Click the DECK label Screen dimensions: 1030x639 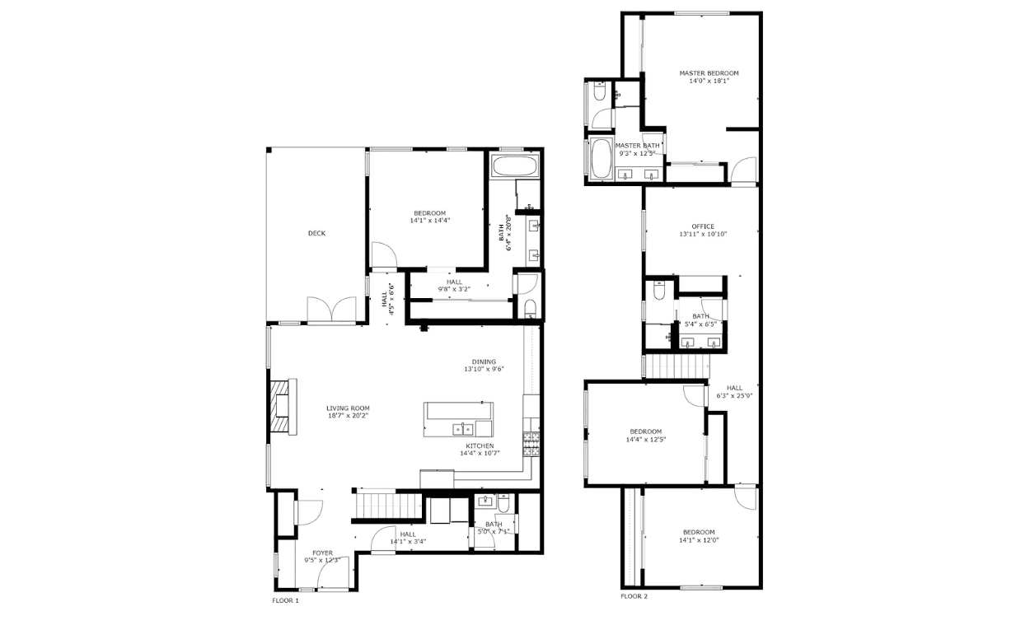316,233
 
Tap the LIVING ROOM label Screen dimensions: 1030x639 348,408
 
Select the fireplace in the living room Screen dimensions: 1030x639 283,407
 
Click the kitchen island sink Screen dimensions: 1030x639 463,429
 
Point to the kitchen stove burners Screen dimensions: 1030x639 531,444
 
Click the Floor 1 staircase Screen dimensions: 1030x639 390,506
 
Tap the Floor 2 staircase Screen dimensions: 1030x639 676,366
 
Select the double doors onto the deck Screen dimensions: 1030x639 331,310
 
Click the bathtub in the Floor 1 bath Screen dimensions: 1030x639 514,166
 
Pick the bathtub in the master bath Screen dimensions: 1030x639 601,158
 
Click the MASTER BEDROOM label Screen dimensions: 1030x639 709,73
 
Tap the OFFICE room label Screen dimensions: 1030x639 703,226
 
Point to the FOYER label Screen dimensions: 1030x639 322,553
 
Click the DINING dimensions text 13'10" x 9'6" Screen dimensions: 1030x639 484,369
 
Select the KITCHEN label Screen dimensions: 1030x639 480,446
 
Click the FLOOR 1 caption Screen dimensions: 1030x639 286,600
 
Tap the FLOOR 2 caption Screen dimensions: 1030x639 634,596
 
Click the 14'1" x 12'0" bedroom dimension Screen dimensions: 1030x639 699,540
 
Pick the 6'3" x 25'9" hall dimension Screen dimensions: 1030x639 734,395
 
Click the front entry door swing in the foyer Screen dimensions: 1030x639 333,572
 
